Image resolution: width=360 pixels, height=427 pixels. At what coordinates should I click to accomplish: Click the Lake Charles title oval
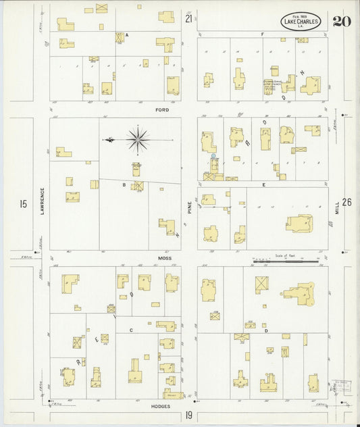tap(301, 22)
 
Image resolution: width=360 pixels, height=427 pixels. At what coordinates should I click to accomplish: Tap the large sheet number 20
tap(341, 21)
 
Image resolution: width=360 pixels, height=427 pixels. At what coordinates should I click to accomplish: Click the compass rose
tap(138, 140)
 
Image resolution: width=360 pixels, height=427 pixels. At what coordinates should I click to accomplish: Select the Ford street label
tap(161, 109)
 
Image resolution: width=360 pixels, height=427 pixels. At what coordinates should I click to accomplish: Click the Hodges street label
tap(161, 407)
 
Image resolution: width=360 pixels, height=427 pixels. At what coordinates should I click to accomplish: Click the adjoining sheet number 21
tap(189, 18)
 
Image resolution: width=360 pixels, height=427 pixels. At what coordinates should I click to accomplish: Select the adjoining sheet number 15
tap(24, 203)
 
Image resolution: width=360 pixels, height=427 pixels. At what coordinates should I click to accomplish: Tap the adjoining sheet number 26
tap(346, 202)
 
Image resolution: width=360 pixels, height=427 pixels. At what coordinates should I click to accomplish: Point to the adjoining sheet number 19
tap(189, 415)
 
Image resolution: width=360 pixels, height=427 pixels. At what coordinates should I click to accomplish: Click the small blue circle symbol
tap(213, 157)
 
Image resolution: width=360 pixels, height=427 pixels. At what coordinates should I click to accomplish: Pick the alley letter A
tap(126, 34)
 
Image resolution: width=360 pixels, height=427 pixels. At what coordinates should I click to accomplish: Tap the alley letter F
tap(261, 34)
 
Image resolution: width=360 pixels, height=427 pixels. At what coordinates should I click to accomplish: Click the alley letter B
tap(124, 184)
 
